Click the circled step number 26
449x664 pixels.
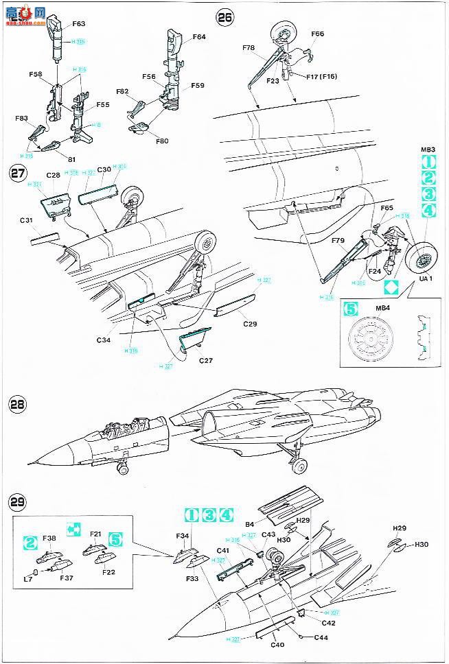coord(224,18)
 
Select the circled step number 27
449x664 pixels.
coord(17,174)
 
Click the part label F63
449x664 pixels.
coord(78,24)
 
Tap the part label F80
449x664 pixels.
coord(162,142)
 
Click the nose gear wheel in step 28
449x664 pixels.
coord(122,469)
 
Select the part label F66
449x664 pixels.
coord(317,33)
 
